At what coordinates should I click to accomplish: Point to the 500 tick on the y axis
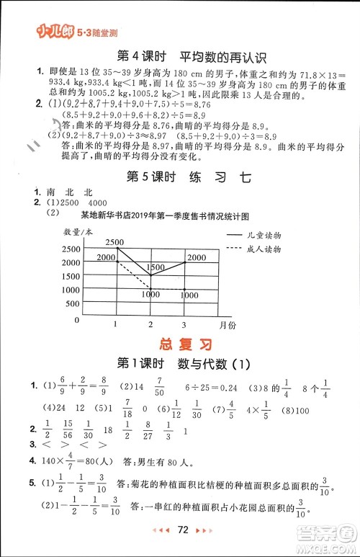(x=72, y=303)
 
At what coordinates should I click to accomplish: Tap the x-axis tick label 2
(x=150, y=325)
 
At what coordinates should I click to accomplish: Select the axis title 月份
(x=228, y=326)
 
